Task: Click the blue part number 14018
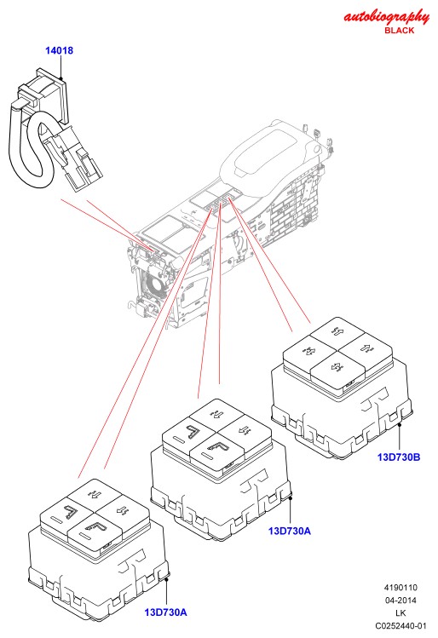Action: [x=59, y=50]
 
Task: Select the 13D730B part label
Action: [x=399, y=457]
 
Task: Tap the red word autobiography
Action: [x=386, y=18]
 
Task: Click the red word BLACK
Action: [x=399, y=31]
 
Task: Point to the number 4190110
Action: [x=401, y=588]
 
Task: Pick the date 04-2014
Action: [x=401, y=601]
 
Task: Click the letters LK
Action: [x=401, y=612]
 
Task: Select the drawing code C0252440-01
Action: [x=401, y=626]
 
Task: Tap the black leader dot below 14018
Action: [x=61, y=78]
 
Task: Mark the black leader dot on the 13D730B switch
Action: [x=400, y=424]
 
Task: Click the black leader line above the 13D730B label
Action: [x=400, y=438]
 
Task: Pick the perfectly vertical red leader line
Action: [x=220, y=294]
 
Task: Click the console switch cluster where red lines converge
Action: [x=221, y=202]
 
